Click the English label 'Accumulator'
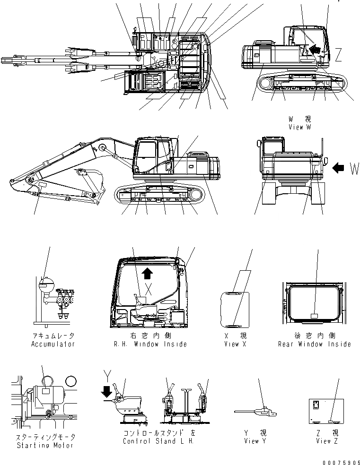[53, 344]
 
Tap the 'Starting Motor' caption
[45, 445]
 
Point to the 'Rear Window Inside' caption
[315, 344]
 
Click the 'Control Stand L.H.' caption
[159, 441]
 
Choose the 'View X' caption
[235, 344]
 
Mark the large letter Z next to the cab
[338, 55]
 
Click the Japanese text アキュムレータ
[53, 336]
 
